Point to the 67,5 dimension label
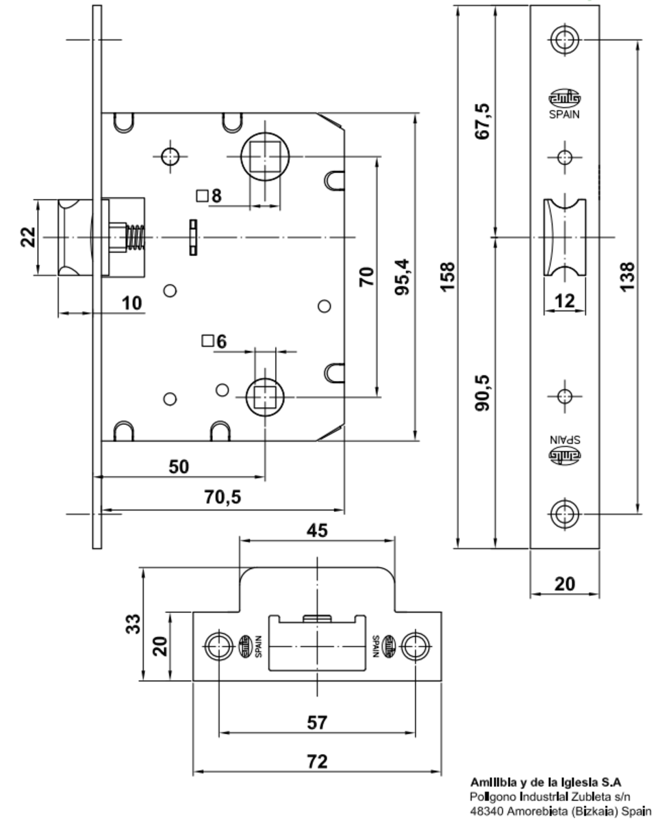click(x=483, y=122)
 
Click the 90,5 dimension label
click(x=483, y=392)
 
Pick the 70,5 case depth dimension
click(x=223, y=497)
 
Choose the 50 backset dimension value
click(x=178, y=467)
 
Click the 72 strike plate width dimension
click(x=316, y=761)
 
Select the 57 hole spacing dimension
click(x=316, y=722)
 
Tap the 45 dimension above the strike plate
click(x=316, y=530)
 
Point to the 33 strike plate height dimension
click(x=136, y=623)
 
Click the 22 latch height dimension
click(x=27, y=237)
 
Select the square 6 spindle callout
click(x=214, y=341)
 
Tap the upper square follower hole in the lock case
click(x=265, y=157)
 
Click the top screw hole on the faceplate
click(x=564, y=39)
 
